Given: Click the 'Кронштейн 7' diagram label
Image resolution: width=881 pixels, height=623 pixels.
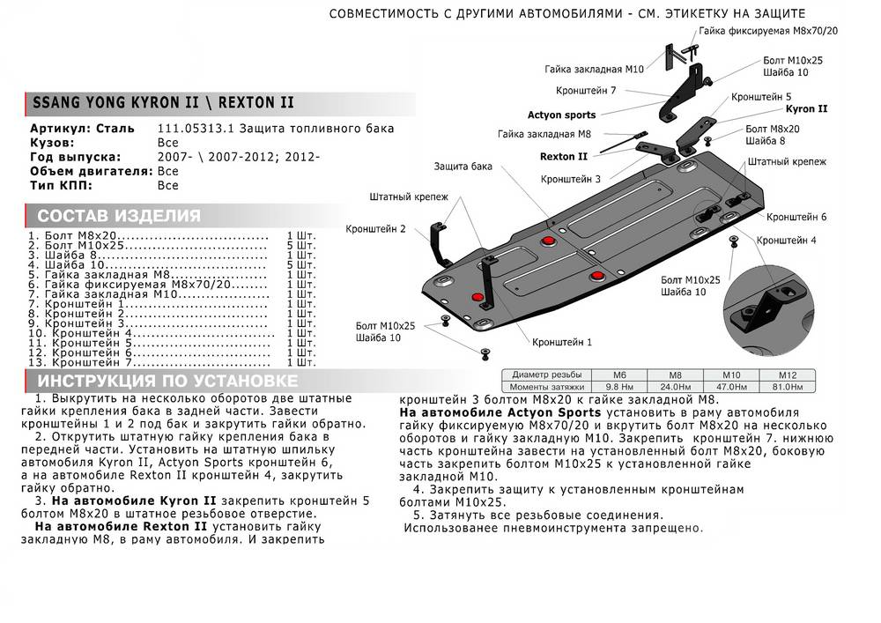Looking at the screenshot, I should point(586,91).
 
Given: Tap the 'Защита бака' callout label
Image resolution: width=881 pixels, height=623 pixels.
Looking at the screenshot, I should point(463,166).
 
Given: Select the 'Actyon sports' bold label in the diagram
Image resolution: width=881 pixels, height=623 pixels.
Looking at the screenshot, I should point(561,115).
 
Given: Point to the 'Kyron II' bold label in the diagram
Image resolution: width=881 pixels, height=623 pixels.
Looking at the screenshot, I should point(806,110).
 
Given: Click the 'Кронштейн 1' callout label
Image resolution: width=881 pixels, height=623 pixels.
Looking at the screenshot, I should point(562,341).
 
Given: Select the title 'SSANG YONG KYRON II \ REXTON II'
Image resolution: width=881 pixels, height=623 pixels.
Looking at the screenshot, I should point(163,103).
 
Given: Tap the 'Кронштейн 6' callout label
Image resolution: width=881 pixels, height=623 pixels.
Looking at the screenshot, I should point(796,217).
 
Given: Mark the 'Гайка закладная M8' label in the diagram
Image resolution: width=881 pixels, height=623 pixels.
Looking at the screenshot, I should point(543,135).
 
